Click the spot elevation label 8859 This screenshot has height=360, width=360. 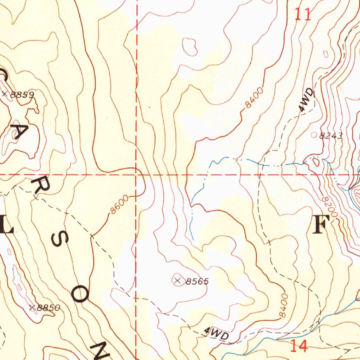coord(22,95)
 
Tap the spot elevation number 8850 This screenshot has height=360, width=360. coord(49,308)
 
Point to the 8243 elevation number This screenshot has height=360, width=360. coord(331,136)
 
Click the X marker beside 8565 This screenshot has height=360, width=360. coord(178,280)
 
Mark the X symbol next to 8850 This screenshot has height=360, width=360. coord(33,308)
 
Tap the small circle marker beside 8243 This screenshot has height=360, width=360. coord(314,135)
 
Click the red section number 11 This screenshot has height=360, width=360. coord(303,15)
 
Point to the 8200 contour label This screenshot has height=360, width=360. coord(329,208)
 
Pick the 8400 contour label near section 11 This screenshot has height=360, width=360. coord(254,98)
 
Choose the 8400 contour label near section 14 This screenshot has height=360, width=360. coord(284,304)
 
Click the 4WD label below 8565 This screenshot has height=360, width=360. coord(217,333)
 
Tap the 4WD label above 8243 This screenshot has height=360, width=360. coord(307,101)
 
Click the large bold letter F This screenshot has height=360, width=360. coord(321,224)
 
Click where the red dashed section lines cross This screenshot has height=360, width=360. coord(136,174)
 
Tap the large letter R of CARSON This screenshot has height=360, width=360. coord(38,186)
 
